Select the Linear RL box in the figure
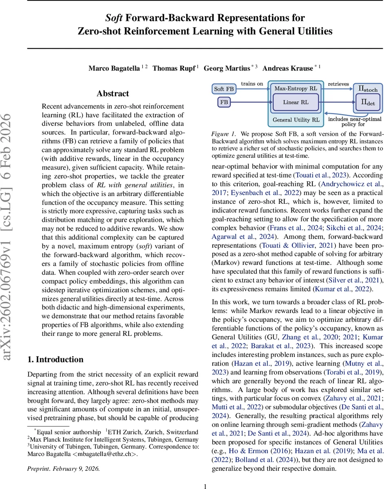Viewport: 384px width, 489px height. [296, 102]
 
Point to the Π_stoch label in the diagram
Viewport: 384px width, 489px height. [368, 89]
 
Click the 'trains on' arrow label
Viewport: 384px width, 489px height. [252, 84]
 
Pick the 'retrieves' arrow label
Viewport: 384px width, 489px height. [338, 84]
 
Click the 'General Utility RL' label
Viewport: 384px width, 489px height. [296, 120]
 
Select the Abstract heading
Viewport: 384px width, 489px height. [113, 93]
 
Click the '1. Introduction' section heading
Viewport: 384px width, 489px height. [55, 359]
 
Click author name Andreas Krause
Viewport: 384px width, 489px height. [288, 68]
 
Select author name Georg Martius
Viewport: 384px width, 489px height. [227, 68]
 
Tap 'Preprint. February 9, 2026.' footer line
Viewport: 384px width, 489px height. [63, 469]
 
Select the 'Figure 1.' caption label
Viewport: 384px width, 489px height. [223, 134]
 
